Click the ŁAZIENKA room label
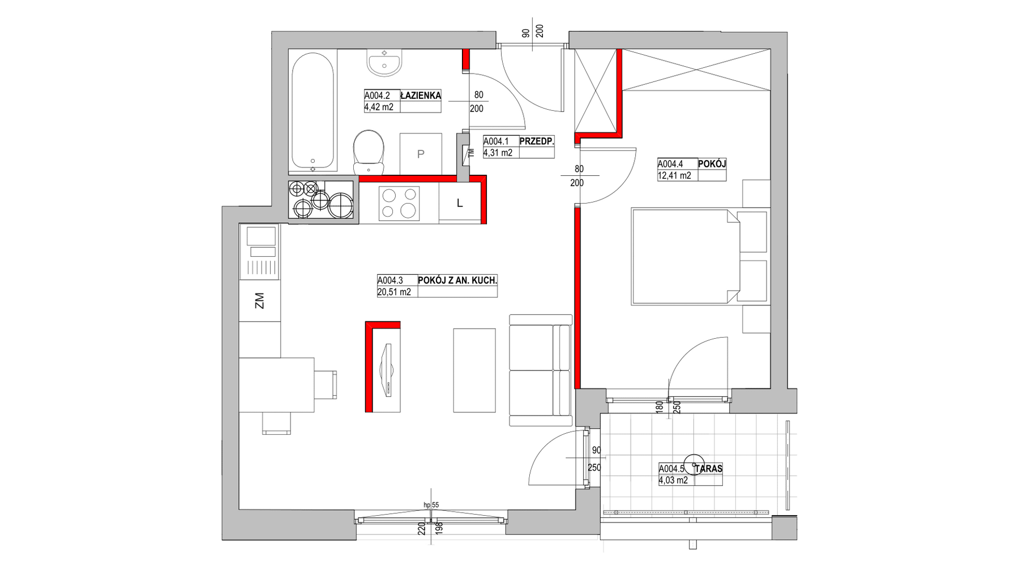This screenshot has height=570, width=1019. [421, 96]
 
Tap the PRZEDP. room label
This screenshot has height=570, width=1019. [536, 141]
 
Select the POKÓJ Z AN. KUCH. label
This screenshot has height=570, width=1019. [457, 280]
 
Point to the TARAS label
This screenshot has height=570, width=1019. [709, 469]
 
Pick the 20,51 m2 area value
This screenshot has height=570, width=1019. [394, 292]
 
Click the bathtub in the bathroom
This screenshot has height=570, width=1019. [313, 112]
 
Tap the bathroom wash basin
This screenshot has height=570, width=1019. [385, 63]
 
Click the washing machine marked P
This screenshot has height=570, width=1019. [421, 154]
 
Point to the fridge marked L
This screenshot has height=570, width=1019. [460, 203]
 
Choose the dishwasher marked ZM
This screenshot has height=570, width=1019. [260, 301]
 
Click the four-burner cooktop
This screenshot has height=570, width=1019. [400, 203]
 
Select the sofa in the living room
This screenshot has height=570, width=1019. [541, 370]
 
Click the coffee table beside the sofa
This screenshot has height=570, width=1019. [474, 370]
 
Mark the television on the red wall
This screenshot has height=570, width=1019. [387, 370]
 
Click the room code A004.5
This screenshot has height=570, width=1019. [672, 469]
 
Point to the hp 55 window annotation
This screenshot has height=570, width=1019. [431, 505]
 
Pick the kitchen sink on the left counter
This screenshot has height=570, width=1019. [260, 252]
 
